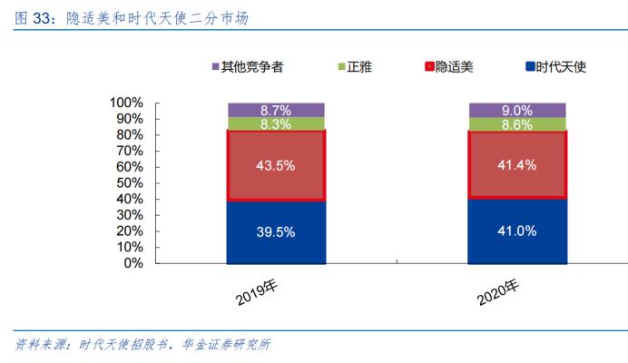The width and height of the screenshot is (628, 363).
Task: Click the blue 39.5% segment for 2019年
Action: (276, 231)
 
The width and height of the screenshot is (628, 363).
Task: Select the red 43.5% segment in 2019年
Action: (276, 165)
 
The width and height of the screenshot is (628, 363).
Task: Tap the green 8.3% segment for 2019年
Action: (276, 124)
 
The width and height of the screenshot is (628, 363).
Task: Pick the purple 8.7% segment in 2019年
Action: (276, 110)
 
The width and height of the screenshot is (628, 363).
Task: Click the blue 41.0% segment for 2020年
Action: (516, 231)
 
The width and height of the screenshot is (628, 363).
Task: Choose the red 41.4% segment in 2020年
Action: (516, 165)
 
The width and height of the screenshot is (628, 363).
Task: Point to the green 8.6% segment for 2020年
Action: (516, 125)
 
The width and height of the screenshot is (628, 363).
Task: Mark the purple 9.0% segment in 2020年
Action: (516, 111)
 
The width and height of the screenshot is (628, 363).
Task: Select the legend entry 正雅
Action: (355, 66)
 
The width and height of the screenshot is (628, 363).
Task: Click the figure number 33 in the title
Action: (39, 16)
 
